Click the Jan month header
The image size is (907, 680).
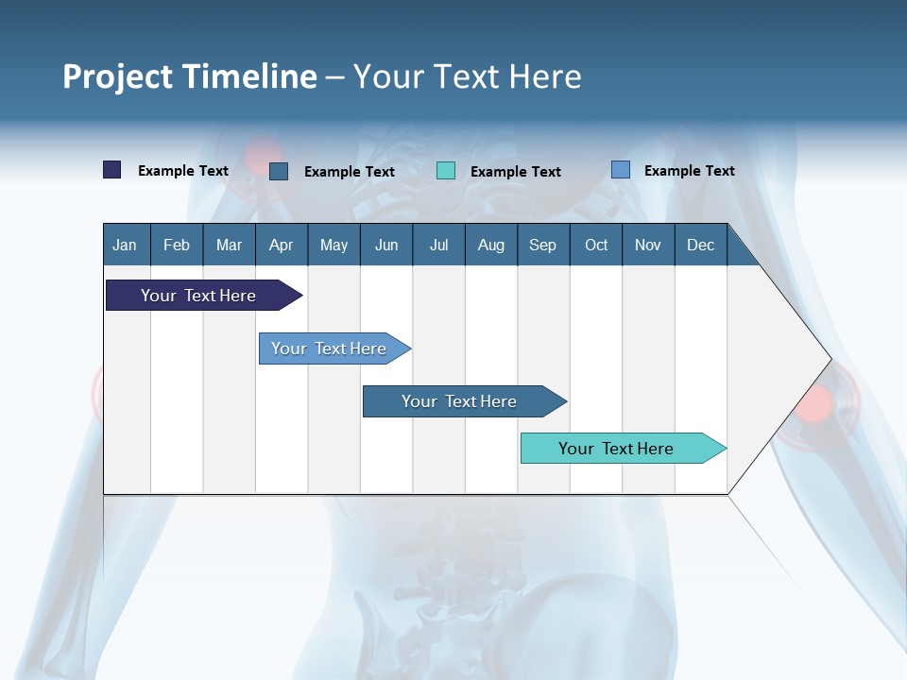(x=125, y=246)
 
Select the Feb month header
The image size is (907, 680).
(x=177, y=246)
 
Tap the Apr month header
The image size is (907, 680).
(x=281, y=246)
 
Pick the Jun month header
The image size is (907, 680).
(x=386, y=246)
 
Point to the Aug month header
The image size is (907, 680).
(x=490, y=246)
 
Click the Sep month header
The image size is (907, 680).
(x=542, y=246)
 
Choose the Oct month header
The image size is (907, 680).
(x=596, y=246)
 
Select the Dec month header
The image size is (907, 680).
(x=700, y=246)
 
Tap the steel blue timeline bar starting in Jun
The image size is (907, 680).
(x=460, y=401)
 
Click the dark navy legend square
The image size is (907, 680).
(x=112, y=170)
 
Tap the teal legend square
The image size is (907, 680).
(x=446, y=171)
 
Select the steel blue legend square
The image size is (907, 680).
(x=279, y=171)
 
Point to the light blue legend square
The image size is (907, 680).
(x=621, y=170)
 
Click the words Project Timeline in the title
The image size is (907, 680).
(x=189, y=76)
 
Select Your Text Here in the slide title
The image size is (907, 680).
(x=468, y=76)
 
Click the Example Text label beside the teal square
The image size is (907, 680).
(x=516, y=172)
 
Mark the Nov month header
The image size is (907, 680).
(x=648, y=246)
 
